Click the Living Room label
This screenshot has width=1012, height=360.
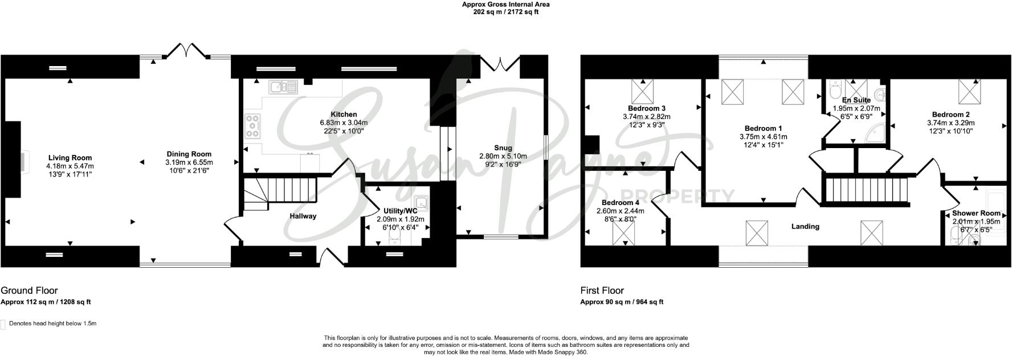point(70,158)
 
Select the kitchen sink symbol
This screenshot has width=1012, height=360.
point(283,87)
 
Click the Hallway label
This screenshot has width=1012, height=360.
point(303,216)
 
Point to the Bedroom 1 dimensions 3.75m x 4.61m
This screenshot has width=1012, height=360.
point(763,137)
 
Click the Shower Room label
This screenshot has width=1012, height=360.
point(976,214)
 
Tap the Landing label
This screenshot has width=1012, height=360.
point(805,226)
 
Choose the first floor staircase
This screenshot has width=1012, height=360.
point(866,190)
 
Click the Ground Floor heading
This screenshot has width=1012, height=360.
point(29,291)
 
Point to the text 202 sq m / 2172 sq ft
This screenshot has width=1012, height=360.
point(505,12)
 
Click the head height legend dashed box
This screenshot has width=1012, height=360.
point(3,324)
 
